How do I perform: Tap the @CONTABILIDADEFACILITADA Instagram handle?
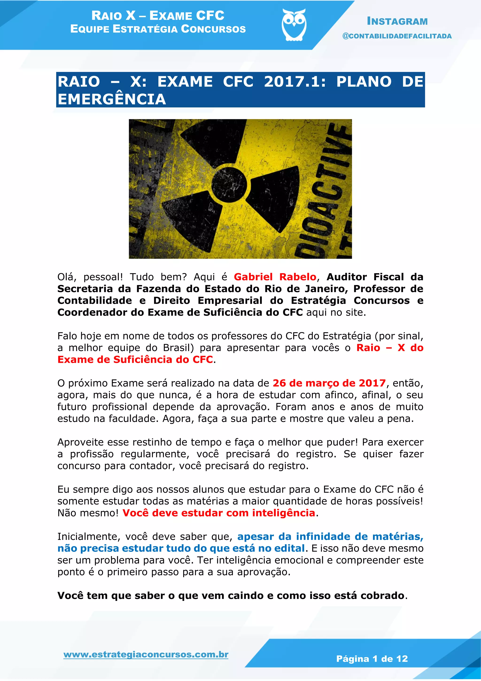(397, 36)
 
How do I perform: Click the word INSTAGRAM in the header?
(397, 21)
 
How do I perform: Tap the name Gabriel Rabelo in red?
(275, 277)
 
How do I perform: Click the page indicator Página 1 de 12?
(372, 659)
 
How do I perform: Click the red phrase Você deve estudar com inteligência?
(219, 513)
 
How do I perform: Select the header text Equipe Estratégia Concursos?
(158, 29)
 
